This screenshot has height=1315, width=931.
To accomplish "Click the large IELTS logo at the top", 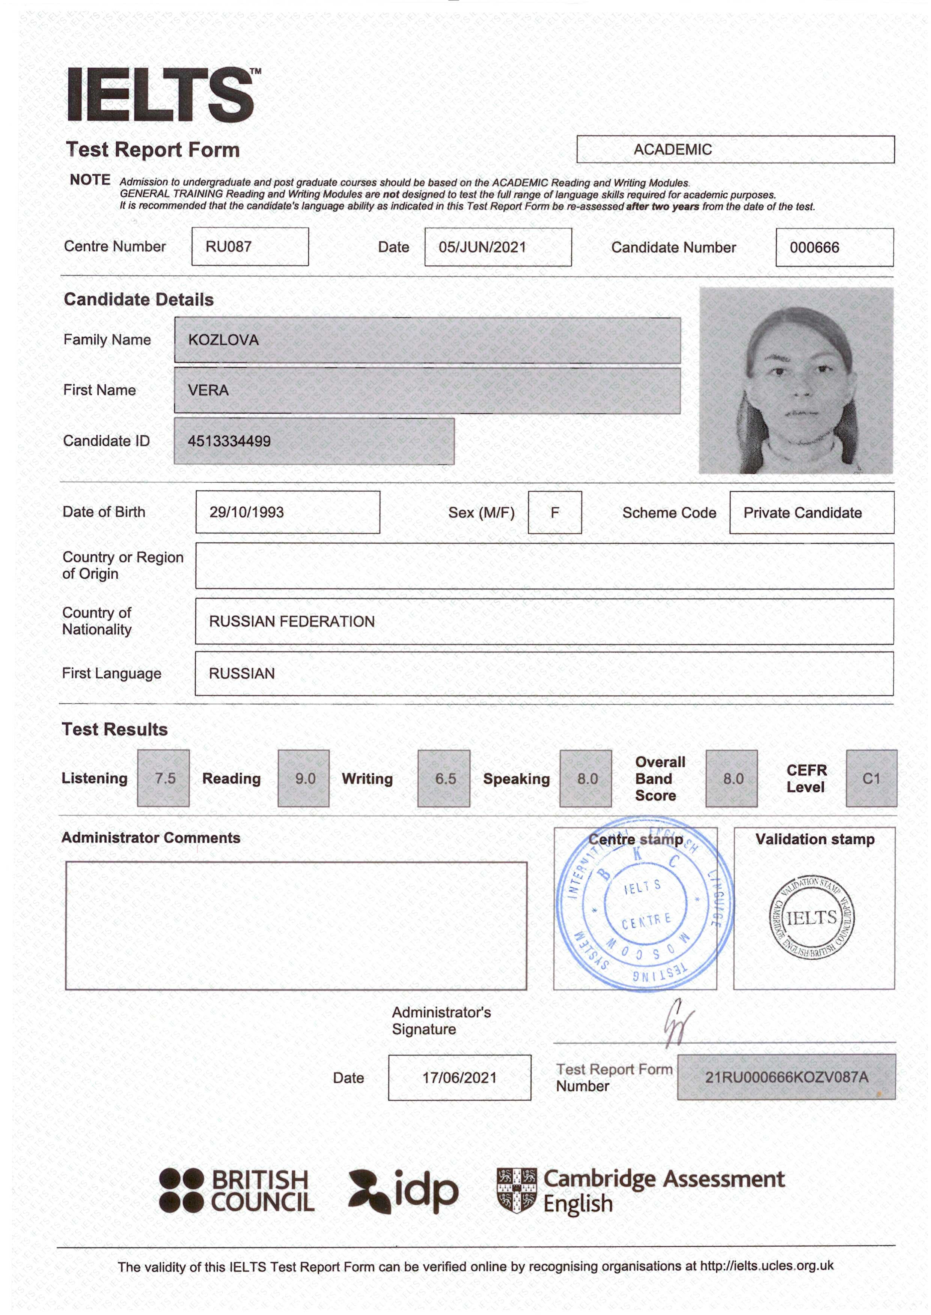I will (162, 95).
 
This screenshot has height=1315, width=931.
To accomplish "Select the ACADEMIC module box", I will (735, 149).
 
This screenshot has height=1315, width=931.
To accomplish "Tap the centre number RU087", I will (229, 247).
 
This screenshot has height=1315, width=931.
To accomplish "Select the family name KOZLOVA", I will (224, 340).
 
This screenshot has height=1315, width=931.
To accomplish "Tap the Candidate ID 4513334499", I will (229, 441).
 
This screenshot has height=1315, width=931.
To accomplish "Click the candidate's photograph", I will (796, 381).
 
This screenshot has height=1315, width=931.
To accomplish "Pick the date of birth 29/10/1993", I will (247, 512).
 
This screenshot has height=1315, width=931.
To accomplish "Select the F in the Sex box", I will (554, 512).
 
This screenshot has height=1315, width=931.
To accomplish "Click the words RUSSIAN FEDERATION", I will (292, 622).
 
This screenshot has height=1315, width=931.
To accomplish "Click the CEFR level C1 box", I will (871, 779).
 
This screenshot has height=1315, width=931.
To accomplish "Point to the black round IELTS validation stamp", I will (811, 917).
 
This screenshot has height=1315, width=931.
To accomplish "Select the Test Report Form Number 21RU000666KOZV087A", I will (786, 1077).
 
